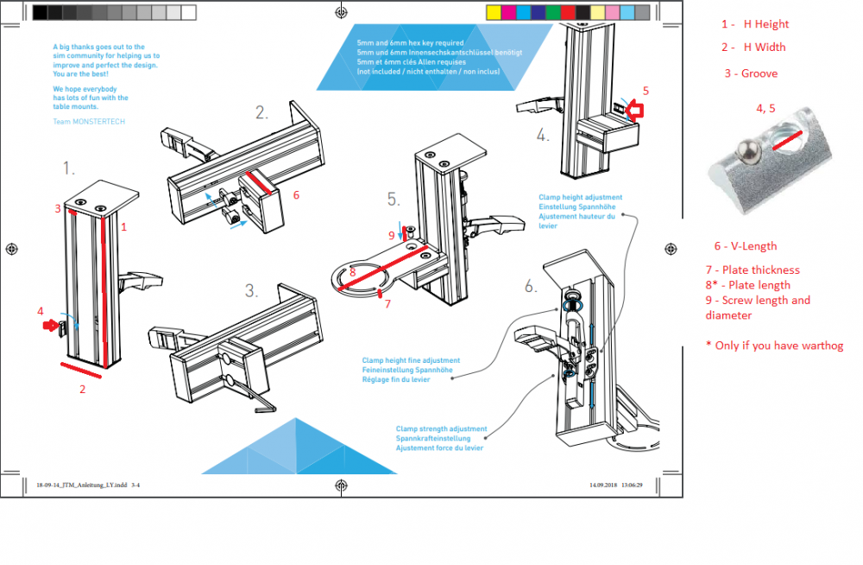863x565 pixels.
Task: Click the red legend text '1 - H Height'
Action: (x=754, y=24)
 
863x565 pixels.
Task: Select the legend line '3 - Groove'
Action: (x=751, y=73)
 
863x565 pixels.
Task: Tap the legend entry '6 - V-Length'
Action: (x=745, y=246)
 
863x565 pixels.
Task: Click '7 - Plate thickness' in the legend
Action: (x=753, y=270)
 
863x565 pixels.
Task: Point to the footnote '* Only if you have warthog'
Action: (x=774, y=346)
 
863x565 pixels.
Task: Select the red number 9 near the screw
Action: (x=390, y=235)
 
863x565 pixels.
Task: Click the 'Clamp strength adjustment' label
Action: (x=441, y=429)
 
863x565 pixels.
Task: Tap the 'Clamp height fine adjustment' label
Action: (x=411, y=360)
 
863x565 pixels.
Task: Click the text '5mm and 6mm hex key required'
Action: (x=410, y=43)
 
